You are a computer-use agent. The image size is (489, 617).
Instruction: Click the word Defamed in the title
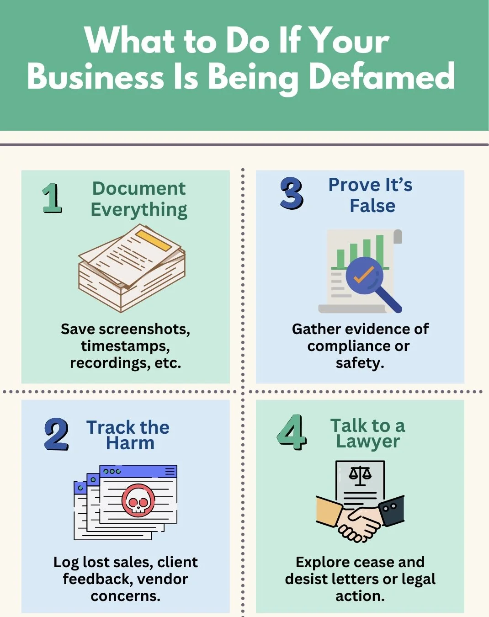382,76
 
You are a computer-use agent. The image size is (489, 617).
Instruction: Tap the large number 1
52,198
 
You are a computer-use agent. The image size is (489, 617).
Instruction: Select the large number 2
57,434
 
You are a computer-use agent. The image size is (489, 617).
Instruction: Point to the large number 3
292,193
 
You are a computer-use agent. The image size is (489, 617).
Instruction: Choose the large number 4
291,432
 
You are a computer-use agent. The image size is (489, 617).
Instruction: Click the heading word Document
139,188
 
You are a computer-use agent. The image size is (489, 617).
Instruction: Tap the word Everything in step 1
139,209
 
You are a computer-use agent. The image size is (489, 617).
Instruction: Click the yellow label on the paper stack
154,240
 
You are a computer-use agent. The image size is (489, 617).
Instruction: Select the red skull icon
138,500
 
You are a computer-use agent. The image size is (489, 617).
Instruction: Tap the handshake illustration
360,521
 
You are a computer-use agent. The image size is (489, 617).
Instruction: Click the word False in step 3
372,206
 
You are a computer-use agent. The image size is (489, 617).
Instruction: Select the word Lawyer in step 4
368,441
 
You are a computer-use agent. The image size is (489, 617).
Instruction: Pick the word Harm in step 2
130,443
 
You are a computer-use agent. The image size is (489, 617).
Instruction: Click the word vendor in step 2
162,579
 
